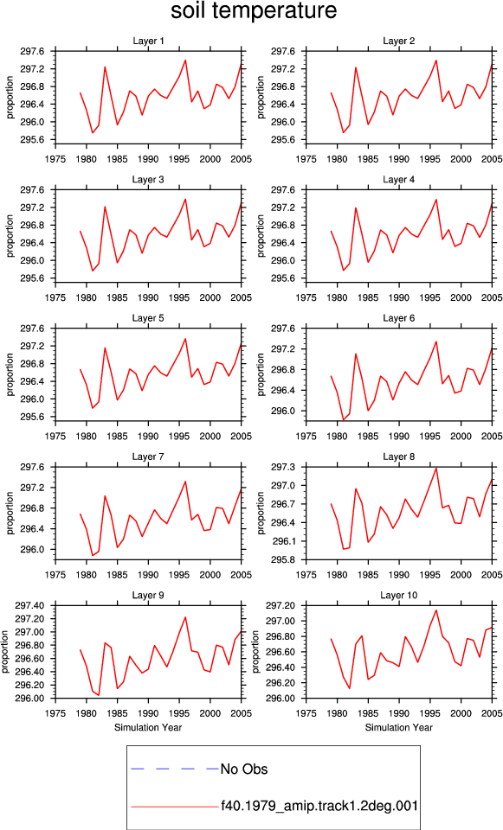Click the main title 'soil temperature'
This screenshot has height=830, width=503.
point(254,11)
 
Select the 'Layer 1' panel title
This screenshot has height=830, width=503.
point(148,41)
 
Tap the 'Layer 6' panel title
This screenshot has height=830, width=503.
point(398,318)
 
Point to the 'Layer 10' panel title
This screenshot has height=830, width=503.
point(398,596)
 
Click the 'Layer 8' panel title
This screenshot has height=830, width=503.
point(398,456)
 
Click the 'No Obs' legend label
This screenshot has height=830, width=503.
point(244,769)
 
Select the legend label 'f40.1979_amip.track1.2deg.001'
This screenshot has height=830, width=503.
point(319,806)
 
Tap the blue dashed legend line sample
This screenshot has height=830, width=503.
point(175,769)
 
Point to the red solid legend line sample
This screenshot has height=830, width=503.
point(175,807)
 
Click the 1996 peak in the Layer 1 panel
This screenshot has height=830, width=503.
point(185,60)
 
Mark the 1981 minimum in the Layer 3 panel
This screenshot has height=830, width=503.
point(93,271)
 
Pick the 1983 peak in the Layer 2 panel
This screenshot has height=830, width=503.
point(356,67)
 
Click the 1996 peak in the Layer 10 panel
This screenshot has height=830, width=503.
point(436,610)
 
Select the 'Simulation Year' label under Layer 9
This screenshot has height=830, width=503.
point(148,727)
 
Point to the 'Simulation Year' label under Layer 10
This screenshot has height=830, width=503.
point(398,727)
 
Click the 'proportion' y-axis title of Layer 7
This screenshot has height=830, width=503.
point(10,513)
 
